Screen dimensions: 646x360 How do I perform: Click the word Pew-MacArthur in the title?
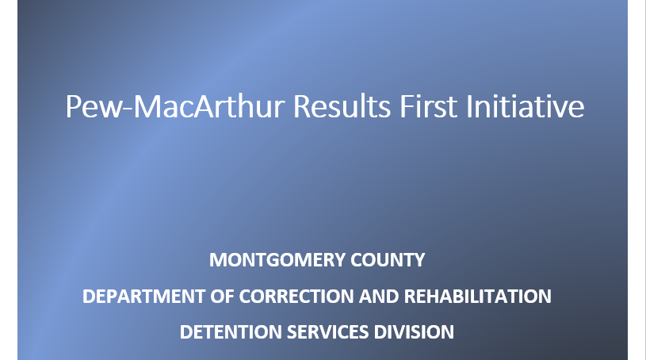pyautogui.click(x=175, y=106)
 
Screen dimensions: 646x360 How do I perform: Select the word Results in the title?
pyautogui.click(x=342, y=106)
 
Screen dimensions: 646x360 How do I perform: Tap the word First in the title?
pyautogui.click(x=429, y=106)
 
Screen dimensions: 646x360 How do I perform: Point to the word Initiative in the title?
pyautogui.click(x=526, y=106)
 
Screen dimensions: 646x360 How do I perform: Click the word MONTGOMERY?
pyautogui.click(x=277, y=260)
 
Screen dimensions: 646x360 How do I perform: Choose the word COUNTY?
pyautogui.click(x=388, y=260)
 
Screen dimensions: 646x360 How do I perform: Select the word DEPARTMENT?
pyautogui.click(x=143, y=297)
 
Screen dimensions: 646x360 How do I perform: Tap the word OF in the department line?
pyautogui.click(x=222, y=297)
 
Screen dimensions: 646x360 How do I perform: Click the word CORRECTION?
pyautogui.click(x=296, y=297)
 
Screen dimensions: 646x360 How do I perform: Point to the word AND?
pyautogui.click(x=379, y=297)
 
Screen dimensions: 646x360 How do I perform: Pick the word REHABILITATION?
pyautogui.click(x=477, y=297)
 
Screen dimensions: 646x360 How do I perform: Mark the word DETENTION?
pyautogui.click(x=231, y=332)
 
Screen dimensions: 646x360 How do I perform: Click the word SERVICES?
pyautogui.click(x=327, y=332)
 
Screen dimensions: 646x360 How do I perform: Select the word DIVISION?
pyautogui.click(x=414, y=332)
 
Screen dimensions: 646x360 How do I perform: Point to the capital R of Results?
pyautogui.click(x=301, y=106)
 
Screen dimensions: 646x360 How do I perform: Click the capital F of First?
pyautogui.click(x=406, y=106)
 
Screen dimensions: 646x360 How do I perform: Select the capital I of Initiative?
pyautogui.click(x=468, y=106)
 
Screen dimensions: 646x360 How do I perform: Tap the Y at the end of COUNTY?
pyautogui.click(x=419, y=260)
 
